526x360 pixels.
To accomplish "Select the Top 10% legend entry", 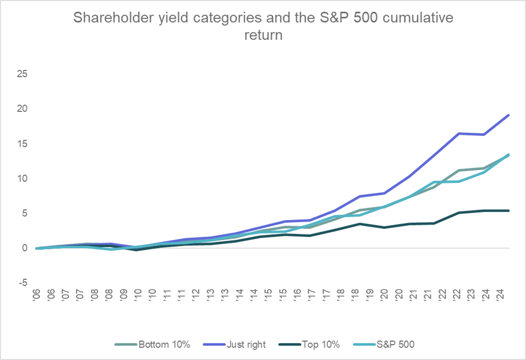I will [x=320, y=344].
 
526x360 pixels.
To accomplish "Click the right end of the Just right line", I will [x=508, y=115].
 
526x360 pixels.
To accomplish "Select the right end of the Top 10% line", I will [x=508, y=211].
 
